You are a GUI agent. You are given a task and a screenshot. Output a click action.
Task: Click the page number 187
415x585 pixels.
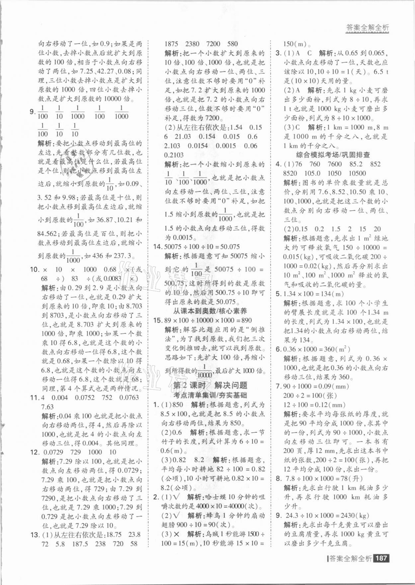[381, 558]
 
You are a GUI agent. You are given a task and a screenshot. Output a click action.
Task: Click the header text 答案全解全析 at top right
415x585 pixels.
[367, 28]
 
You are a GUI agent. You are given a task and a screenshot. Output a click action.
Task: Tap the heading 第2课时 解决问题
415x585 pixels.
[210, 385]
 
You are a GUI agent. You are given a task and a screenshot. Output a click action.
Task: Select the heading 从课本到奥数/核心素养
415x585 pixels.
[210, 311]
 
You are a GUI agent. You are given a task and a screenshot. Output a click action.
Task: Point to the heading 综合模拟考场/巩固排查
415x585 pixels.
[333, 155]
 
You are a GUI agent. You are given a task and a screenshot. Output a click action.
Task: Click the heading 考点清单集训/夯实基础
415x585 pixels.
[210, 395]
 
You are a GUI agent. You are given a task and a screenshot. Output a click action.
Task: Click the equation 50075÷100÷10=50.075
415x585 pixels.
[201, 247]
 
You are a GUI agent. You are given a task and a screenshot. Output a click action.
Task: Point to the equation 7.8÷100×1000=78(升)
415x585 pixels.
[319, 478]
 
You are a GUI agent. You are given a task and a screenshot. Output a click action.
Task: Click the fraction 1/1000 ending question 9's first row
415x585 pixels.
[121, 112]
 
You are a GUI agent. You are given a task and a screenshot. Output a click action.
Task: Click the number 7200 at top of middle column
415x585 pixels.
[213, 43]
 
